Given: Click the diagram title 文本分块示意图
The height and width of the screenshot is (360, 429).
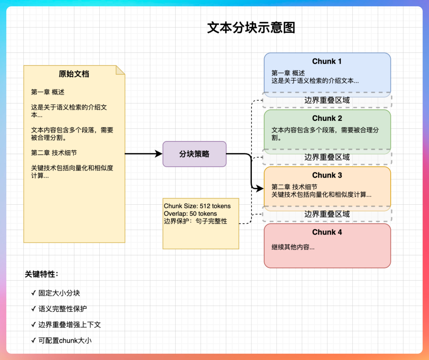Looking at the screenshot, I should tap(251, 28).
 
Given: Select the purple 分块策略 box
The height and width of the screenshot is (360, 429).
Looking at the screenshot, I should tap(194, 154).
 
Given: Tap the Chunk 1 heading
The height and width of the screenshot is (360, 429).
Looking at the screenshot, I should tap(327, 61).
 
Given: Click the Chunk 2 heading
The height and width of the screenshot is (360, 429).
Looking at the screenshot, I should tap(327, 118).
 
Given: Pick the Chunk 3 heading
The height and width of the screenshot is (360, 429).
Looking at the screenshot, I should tap(327, 175).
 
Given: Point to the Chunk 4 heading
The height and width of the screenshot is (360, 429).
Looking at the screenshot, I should tap(327, 232).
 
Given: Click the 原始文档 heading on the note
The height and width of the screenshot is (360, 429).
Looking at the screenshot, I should tap(74, 74).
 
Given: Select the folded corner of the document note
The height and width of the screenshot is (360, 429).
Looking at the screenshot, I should tap(120, 70).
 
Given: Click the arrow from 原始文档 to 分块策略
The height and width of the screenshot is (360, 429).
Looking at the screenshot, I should tap(143, 154).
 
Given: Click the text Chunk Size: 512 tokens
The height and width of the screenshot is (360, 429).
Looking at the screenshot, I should tap(197, 206).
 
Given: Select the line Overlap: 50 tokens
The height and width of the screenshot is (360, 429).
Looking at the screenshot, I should tap(190, 214).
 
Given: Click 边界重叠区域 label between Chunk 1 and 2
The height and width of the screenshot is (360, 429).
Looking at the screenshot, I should tap(327, 100).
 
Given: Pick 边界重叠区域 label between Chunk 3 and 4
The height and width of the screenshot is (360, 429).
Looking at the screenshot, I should tap(327, 214).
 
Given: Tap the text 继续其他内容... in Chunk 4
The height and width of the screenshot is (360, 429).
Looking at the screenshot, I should tap(293, 247).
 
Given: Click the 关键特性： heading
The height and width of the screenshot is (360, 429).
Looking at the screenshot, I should tap(42, 274).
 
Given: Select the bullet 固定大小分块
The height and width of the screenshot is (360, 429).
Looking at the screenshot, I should tap(59, 293).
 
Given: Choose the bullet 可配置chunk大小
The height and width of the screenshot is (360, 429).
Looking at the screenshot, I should tap(65, 340).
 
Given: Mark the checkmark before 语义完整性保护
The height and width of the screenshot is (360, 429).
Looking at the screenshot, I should tap(33, 309).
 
